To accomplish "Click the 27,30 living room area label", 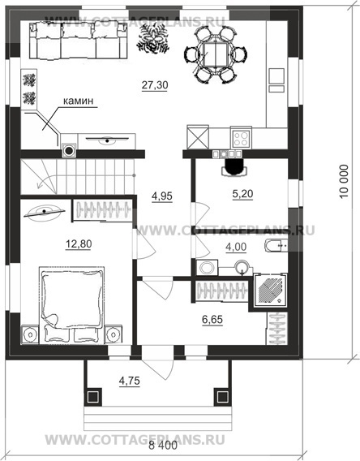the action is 155,85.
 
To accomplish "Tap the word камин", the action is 79,101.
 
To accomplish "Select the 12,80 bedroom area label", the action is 79,243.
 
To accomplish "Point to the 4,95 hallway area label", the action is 162,196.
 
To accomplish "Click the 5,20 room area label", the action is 242,194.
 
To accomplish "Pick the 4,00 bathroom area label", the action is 236,247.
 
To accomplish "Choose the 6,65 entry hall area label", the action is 212,319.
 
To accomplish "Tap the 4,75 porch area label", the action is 129,381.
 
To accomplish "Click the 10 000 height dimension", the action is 344,182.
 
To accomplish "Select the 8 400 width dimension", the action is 163,446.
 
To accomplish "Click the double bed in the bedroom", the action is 72,305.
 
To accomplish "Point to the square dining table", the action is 216,54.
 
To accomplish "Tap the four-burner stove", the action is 241,139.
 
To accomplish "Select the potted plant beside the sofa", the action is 152,38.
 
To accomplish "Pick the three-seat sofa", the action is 79,41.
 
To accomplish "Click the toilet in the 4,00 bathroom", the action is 276,246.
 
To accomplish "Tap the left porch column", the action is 94,397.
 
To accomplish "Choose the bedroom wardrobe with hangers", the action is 103,210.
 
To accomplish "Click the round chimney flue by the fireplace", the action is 69,150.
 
